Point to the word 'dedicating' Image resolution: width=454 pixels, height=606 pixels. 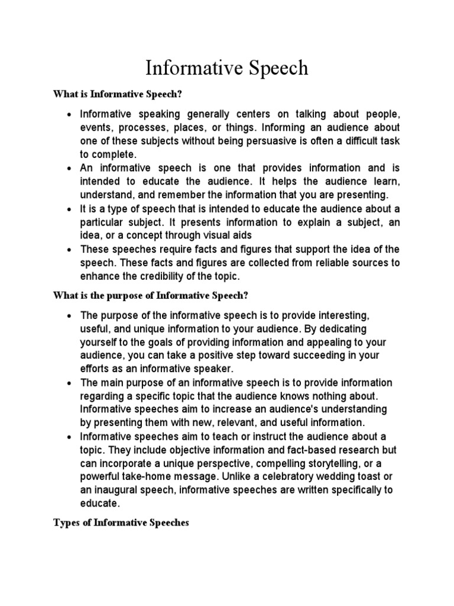pyautogui.click(x=343, y=328)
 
